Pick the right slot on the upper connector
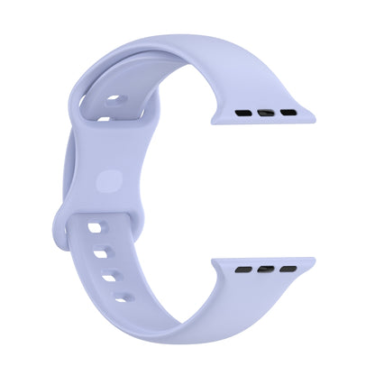coord(288,114)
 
